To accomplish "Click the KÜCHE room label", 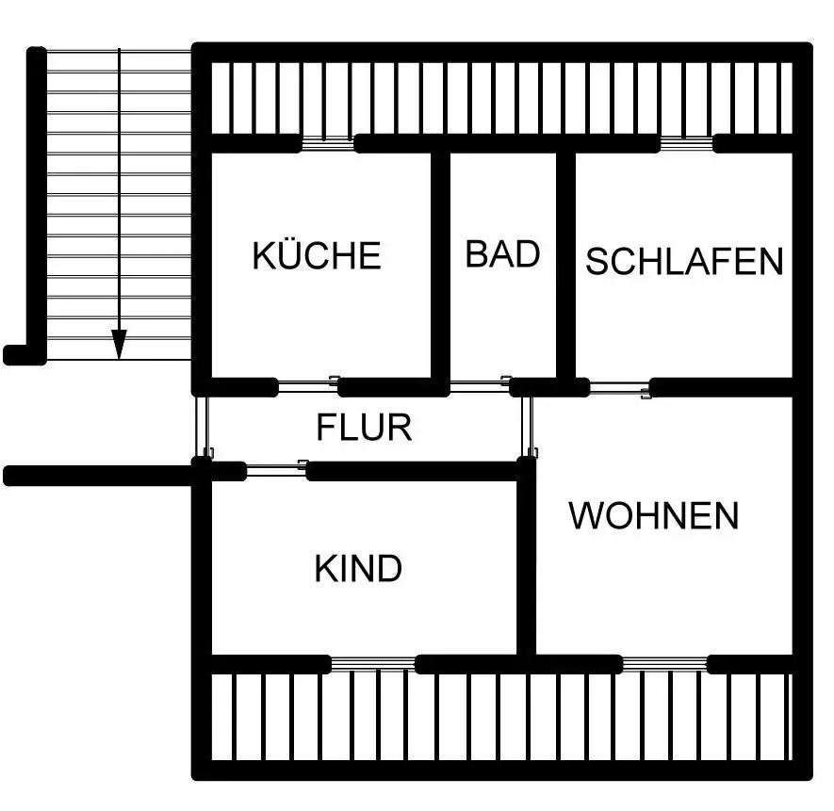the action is point(317,255).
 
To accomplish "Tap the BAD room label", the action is point(503,253).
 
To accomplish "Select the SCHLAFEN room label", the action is point(684,261).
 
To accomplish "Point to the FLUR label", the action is point(364,428).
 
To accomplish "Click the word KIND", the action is point(358,568).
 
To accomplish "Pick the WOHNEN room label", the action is point(654,515).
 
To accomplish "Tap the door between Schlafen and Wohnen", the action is point(620,385).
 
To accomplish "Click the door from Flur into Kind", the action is point(276,468).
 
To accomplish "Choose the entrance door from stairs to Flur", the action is point(201,425).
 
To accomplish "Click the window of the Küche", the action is point(327,144).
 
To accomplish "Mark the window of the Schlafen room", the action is point(685,144).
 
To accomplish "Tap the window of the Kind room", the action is point(373,662).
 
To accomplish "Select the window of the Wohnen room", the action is point(664,662).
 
